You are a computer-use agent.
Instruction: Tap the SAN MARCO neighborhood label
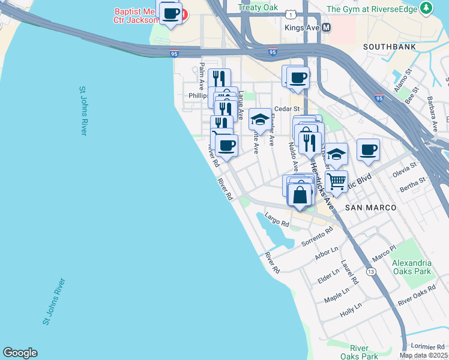[x=370, y=207]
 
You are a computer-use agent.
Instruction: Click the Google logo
[x=20, y=353]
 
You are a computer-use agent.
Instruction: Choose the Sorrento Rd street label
[x=317, y=238]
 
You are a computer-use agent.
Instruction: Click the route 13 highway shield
[x=372, y=272]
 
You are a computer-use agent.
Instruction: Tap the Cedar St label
[x=287, y=109]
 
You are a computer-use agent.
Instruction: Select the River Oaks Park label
[x=359, y=352]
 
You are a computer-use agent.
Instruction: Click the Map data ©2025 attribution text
[x=423, y=355]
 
